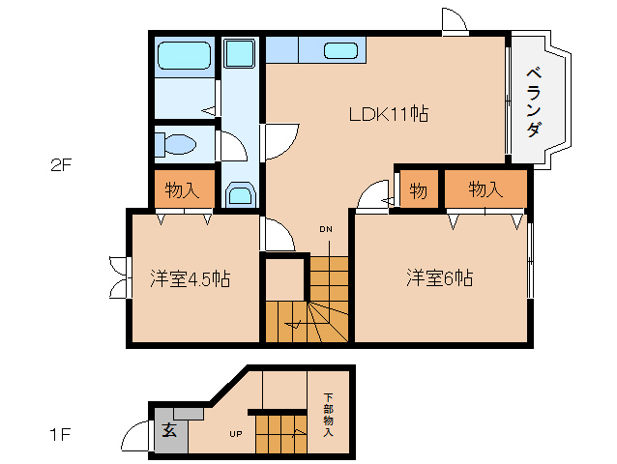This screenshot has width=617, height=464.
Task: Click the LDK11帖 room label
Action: click(x=389, y=114)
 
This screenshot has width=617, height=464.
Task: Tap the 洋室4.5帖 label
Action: click(x=191, y=278)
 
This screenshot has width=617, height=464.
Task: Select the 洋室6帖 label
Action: click(x=439, y=277)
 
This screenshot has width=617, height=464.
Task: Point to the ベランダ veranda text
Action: click(x=534, y=101)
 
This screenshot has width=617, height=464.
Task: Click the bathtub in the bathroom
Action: click(x=184, y=56)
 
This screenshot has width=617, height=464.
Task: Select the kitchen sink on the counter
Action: click(x=340, y=50)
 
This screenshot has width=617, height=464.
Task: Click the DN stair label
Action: click(x=325, y=229)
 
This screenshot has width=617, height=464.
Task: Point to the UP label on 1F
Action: click(x=236, y=434)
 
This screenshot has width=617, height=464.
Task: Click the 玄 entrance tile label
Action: click(x=169, y=430)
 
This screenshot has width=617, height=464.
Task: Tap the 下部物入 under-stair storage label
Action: click(x=328, y=415)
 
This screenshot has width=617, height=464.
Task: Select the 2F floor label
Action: click(x=61, y=165)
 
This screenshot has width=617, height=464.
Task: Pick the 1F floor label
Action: click(x=60, y=435)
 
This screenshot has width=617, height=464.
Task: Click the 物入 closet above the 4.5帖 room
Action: click(x=182, y=190)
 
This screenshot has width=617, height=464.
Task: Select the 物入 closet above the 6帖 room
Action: click(x=485, y=189)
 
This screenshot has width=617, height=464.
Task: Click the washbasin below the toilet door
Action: click(x=240, y=194)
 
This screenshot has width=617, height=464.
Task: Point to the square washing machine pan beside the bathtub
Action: click(x=240, y=53)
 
